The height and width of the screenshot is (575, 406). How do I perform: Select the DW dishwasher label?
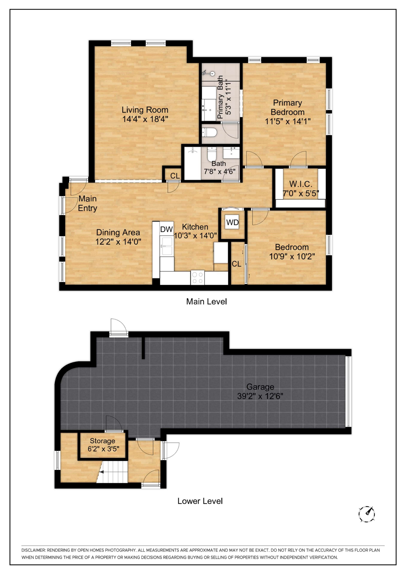pos(166,229)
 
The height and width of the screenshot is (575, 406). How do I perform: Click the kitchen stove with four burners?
pos(197,277)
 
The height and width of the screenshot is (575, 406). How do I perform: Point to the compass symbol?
pos(367,514)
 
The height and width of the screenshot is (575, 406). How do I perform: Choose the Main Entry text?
pos(87,203)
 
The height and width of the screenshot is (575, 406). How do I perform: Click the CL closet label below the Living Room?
pos(175,176)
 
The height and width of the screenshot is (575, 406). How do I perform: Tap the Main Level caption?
pos(206,301)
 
